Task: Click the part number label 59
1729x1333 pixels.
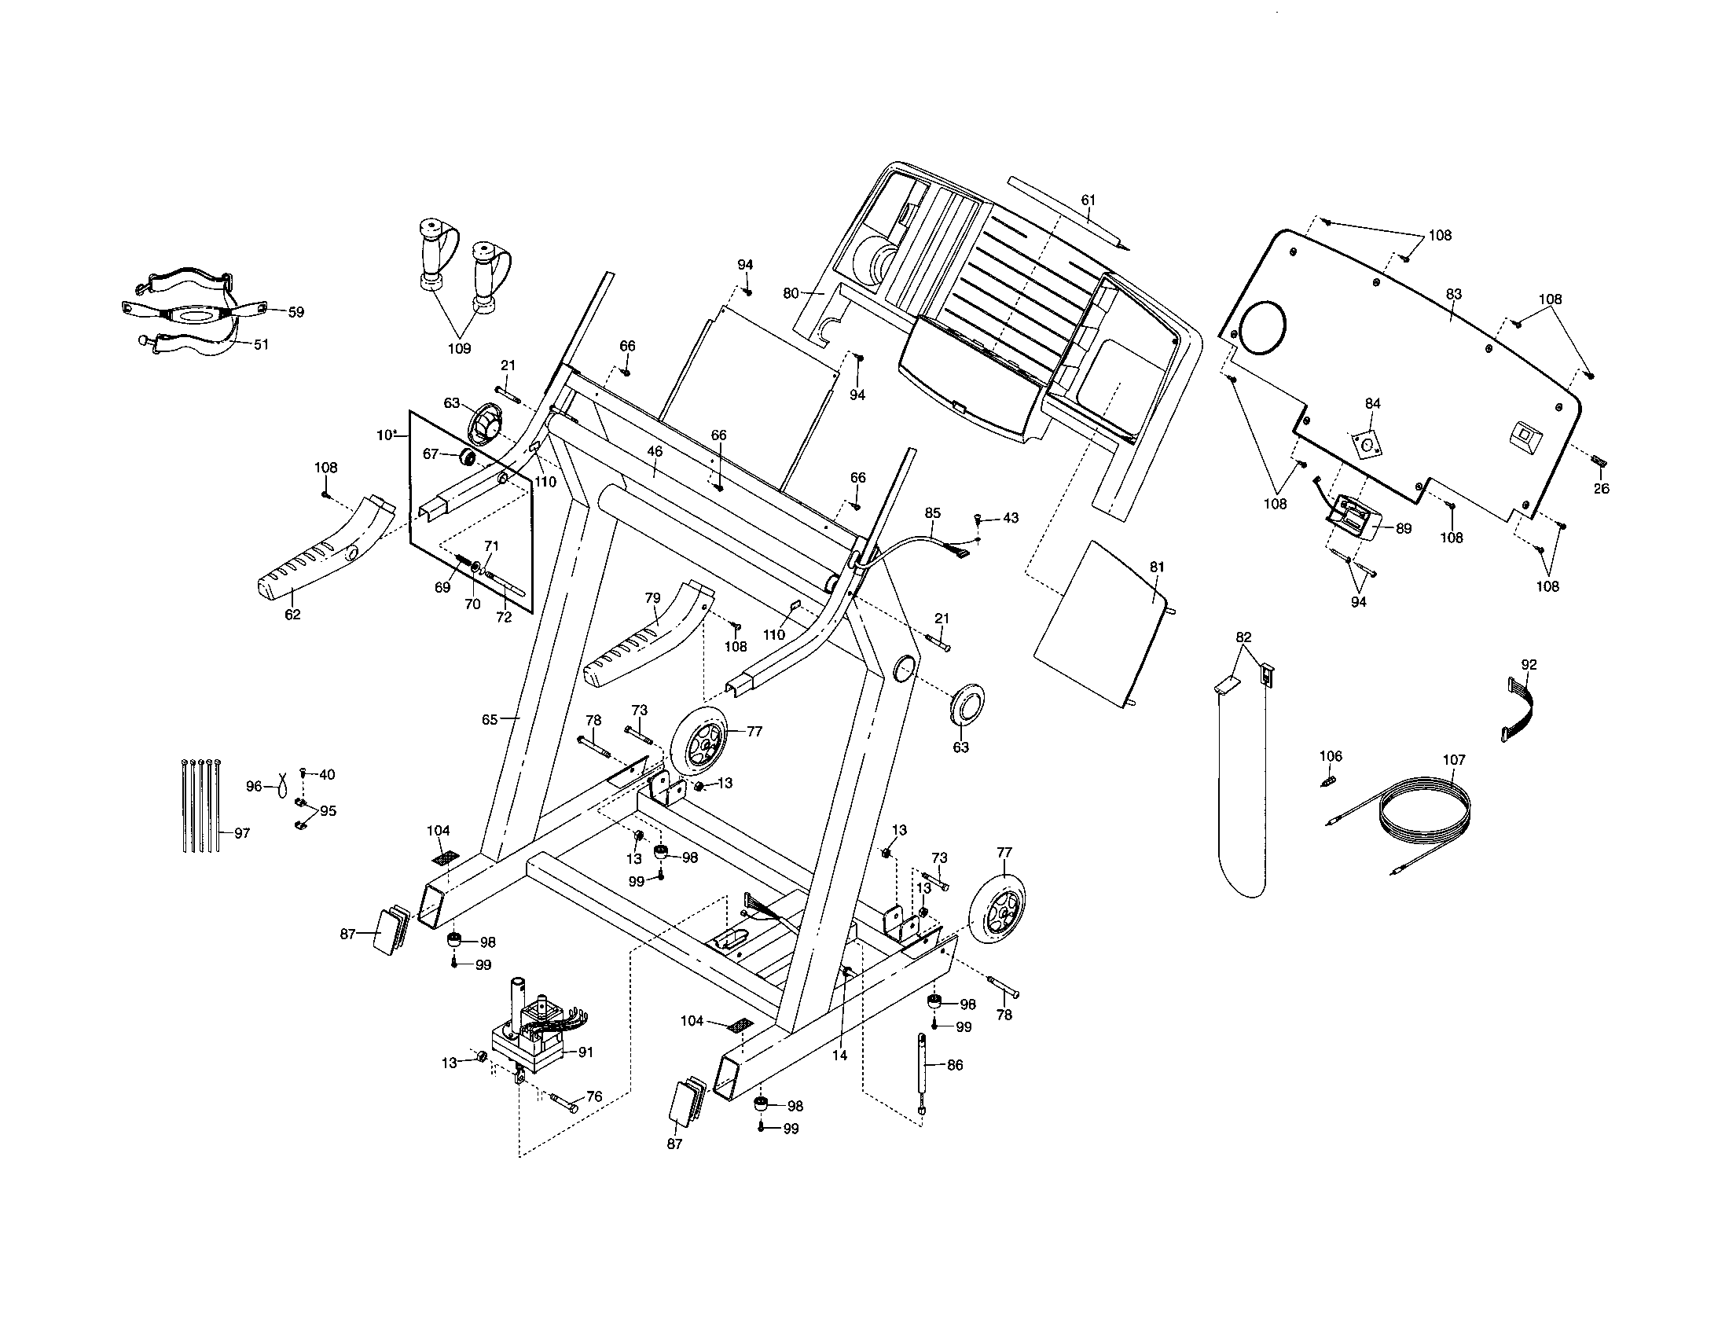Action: (x=296, y=313)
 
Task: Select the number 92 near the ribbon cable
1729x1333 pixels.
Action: (x=1529, y=665)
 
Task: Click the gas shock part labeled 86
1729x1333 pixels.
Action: (x=923, y=1073)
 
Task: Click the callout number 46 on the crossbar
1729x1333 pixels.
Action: (x=655, y=451)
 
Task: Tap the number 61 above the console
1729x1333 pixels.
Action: (x=1088, y=200)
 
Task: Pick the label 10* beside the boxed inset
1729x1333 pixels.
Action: (x=387, y=435)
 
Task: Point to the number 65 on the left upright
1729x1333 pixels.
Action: (x=490, y=719)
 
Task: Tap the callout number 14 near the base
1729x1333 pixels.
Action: (x=839, y=1055)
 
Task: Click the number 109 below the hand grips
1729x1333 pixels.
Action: (x=459, y=348)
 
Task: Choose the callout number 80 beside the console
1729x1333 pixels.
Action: (x=791, y=293)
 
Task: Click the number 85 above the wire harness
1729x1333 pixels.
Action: (x=933, y=513)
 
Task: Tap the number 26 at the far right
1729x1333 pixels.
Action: (x=1601, y=489)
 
